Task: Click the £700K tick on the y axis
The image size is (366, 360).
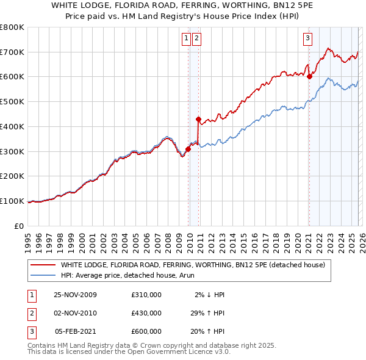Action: [x=12, y=52]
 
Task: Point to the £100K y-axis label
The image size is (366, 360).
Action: [x=12, y=201]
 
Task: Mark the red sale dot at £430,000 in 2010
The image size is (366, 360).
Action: [x=198, y=119]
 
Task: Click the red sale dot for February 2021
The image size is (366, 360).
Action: [x=309, y=76]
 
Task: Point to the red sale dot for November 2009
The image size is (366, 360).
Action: [x=188, y=149]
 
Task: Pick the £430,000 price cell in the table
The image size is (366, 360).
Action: [x=146, y=313]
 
